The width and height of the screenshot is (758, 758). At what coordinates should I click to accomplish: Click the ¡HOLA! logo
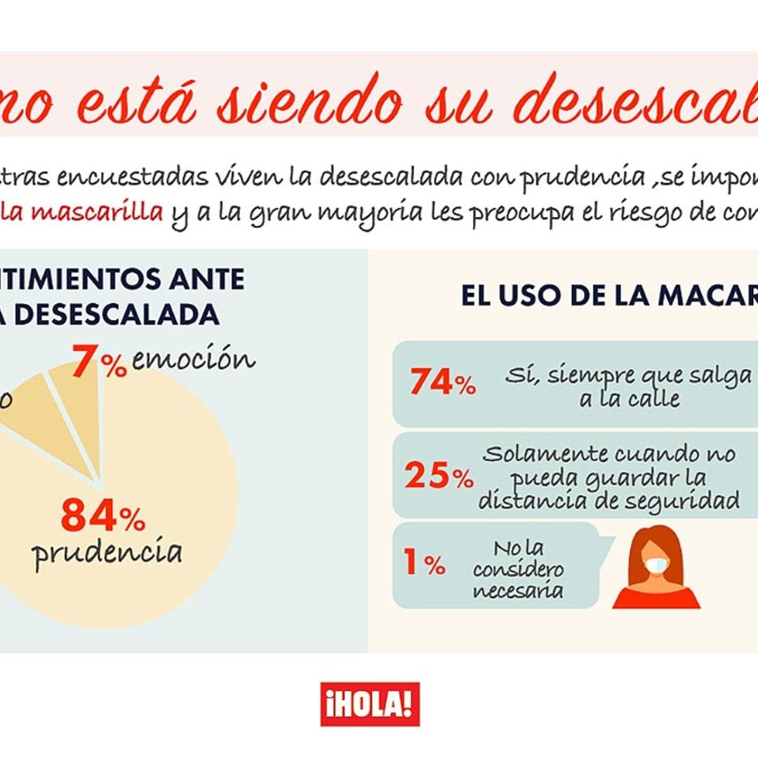370,704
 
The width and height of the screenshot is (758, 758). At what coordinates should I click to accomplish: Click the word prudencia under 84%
108,553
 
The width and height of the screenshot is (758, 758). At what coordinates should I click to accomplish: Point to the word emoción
193,360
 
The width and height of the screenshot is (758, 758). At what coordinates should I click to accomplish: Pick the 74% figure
442,383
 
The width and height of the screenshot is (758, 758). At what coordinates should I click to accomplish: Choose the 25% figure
439,477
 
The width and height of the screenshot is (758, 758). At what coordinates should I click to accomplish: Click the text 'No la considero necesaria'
518,569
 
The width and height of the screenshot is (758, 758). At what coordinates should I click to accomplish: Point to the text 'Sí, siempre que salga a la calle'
628,387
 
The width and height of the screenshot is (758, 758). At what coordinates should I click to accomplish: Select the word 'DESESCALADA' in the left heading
117,314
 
